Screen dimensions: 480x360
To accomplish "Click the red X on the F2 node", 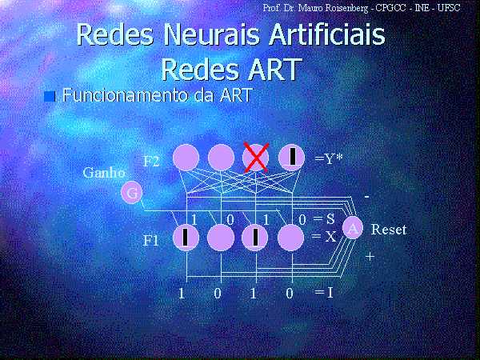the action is point(256,157).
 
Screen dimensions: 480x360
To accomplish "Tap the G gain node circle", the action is point(132,193).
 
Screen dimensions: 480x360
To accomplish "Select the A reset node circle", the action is point(353,227).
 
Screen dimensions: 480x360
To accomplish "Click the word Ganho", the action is point(104,174).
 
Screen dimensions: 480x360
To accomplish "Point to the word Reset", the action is point(389,230).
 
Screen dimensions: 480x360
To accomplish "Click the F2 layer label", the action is point(151,162).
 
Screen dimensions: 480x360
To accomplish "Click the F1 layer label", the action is point(151,241).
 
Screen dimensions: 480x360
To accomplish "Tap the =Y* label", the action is point(329,158).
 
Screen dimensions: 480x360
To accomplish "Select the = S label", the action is point(324,219).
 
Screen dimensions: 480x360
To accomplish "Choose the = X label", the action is point(324,236).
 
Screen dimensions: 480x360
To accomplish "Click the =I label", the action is point(324,293).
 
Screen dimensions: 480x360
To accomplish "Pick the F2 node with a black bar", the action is point(291,157).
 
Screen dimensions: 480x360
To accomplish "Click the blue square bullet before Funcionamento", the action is point(50,97).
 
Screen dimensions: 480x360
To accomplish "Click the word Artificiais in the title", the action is point(327,34).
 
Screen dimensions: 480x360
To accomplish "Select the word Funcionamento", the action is point(126,94).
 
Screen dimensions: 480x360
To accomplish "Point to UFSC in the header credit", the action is point(449,8).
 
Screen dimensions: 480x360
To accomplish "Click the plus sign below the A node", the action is point(370,257).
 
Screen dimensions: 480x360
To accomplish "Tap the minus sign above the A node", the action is point(367,197).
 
